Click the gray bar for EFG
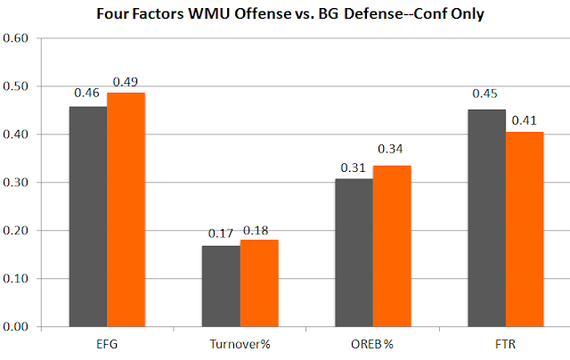[x=88, y=217]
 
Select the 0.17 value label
[x=220, y=234]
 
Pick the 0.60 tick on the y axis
[x=17, y=38]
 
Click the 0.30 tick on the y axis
[x=17, y=183]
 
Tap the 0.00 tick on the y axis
[x=17, y=327]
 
